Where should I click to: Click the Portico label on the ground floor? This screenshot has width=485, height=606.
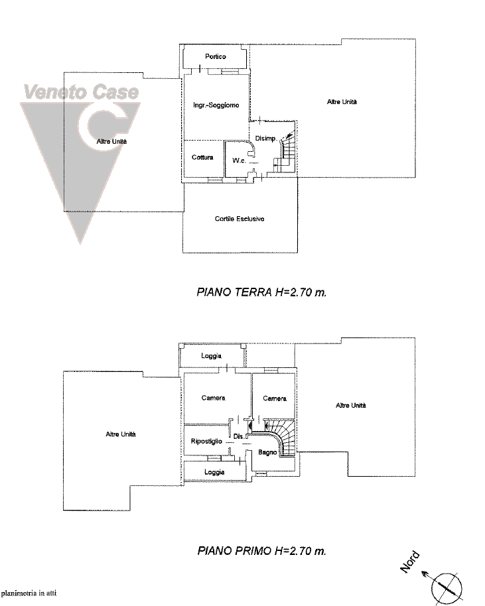click(x=216, y=56)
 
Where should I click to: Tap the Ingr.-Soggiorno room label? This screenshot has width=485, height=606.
click(x=216, y=105)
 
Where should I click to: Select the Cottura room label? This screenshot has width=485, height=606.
click(x=202, y=157)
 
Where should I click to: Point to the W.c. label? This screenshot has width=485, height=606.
click(x=239, y=160)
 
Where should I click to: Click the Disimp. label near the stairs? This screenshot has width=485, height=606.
click(x=265, y=139)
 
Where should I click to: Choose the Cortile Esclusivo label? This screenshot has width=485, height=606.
click(x=240, y=219)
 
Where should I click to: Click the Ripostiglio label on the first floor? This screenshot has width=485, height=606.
click(x=206, y=442)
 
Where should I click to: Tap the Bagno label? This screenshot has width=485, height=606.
click(x=267, y=452)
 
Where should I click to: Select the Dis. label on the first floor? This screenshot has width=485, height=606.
click(x=239, y=436)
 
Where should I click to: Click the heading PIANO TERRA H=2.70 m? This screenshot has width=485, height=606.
click(x=261, y=292)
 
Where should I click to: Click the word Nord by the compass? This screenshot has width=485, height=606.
click(x=409, y=562)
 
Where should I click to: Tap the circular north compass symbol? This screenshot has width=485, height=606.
click(x=447, y=588)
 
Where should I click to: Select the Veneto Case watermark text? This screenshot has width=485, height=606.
click(x=81, y=92)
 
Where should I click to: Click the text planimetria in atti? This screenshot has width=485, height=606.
click(x=29, y=593)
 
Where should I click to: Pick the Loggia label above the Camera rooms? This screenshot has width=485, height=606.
click(x=211, y=355)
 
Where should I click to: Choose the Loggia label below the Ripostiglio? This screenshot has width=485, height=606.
click(x=214, y=472)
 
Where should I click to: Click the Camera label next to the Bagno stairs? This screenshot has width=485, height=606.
click(x=275, y=398)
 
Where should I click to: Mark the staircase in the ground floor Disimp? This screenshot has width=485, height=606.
click(x=285, y=151)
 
